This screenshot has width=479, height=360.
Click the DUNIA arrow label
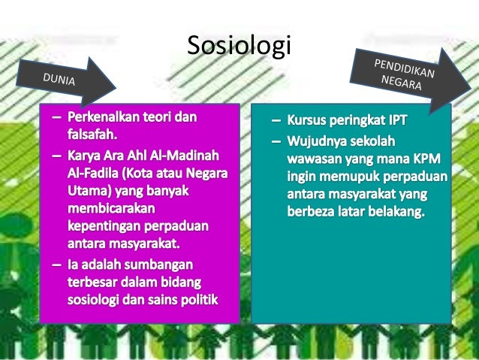pos(58,77)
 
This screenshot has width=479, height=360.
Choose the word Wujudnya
pos(321,140)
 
